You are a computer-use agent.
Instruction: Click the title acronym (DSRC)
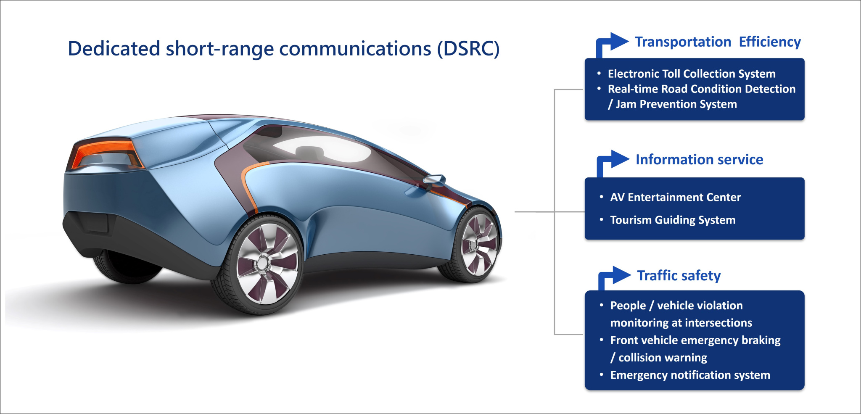468,49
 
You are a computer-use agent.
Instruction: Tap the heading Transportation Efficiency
717,42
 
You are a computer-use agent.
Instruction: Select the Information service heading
699,160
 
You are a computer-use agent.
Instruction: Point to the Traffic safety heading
679,276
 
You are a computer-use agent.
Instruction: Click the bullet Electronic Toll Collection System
691,74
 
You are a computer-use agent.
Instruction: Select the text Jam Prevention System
676,104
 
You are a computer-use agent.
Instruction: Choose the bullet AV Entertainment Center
675,198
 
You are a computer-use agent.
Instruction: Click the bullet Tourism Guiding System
673,220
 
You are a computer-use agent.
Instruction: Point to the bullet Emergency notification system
690,375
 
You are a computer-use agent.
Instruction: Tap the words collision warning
663,358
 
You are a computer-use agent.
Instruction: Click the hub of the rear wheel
263,264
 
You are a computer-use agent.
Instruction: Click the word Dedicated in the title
114,49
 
